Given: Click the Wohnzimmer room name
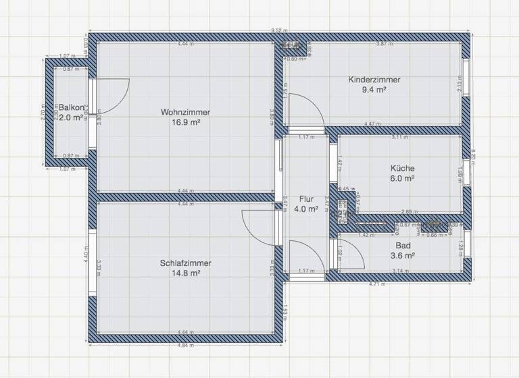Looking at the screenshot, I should tap(185, 112).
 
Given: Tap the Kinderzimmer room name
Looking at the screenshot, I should tap(374, 80).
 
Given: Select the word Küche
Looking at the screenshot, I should tap(402, 168).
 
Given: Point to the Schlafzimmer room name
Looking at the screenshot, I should tap(186, 263).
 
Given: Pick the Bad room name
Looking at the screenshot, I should tap(402, 246).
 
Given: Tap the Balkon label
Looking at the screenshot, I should tap(71, 108).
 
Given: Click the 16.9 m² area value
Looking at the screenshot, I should tap(185, 123).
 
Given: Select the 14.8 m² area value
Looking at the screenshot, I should tap(186, 273).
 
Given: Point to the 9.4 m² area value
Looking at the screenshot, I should tap(374, 90).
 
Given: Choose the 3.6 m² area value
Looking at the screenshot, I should tap(402, 256).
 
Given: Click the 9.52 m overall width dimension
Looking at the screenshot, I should tap(279, 30).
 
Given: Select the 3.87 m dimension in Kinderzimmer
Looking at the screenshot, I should tap(385, 44).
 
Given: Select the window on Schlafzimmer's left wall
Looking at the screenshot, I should tap(90, 253).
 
